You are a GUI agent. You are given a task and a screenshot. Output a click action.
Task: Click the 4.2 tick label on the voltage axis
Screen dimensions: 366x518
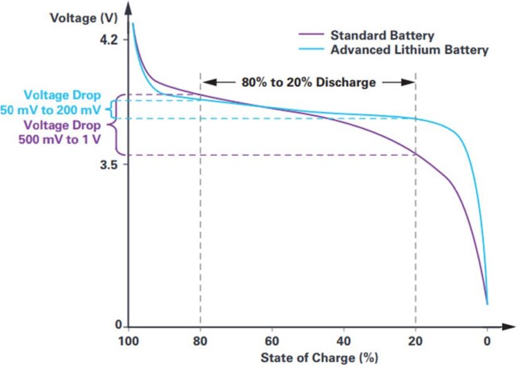(110, 40)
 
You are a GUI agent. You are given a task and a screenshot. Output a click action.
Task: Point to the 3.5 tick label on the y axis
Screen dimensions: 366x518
(110, 165)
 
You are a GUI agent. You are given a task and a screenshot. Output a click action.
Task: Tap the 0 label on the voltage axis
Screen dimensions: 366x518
(119, 325)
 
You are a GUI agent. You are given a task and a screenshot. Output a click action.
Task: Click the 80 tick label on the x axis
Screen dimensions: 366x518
(200, 340)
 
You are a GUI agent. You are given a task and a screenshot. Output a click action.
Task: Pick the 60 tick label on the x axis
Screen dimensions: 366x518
(272, 340)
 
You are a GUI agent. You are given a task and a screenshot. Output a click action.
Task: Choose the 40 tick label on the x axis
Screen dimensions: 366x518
(344, 340)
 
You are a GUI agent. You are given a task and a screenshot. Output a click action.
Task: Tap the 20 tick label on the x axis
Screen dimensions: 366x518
(416, 340)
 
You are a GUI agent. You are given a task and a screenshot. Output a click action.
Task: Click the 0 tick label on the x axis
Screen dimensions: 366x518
(487, 340)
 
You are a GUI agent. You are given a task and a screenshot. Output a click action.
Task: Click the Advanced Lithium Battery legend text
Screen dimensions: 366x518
(410, 50)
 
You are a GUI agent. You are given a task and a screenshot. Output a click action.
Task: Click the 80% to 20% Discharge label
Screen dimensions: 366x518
(308, 82)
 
